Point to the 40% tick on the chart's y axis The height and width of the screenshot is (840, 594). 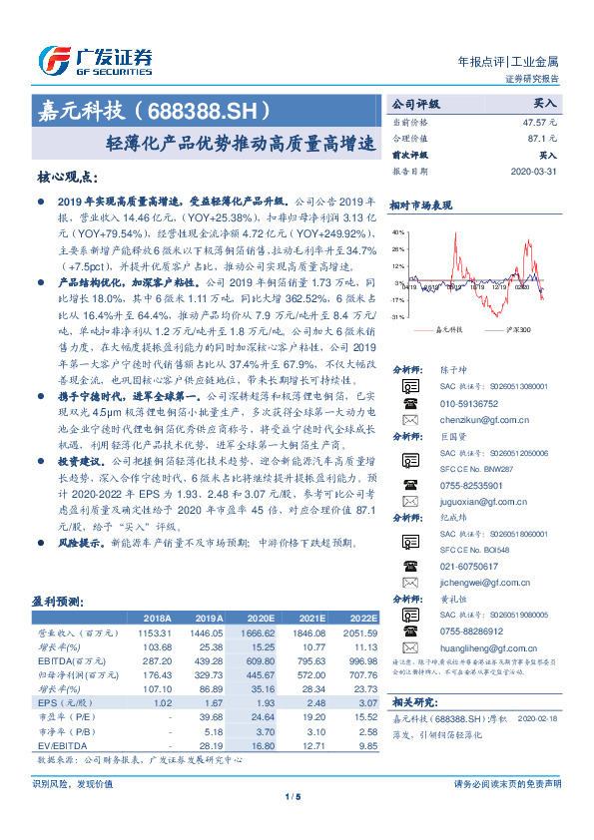pos(398,232)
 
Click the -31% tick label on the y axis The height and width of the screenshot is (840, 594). pos(398,316)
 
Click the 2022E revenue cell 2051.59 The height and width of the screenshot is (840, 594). pos(361,633)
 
